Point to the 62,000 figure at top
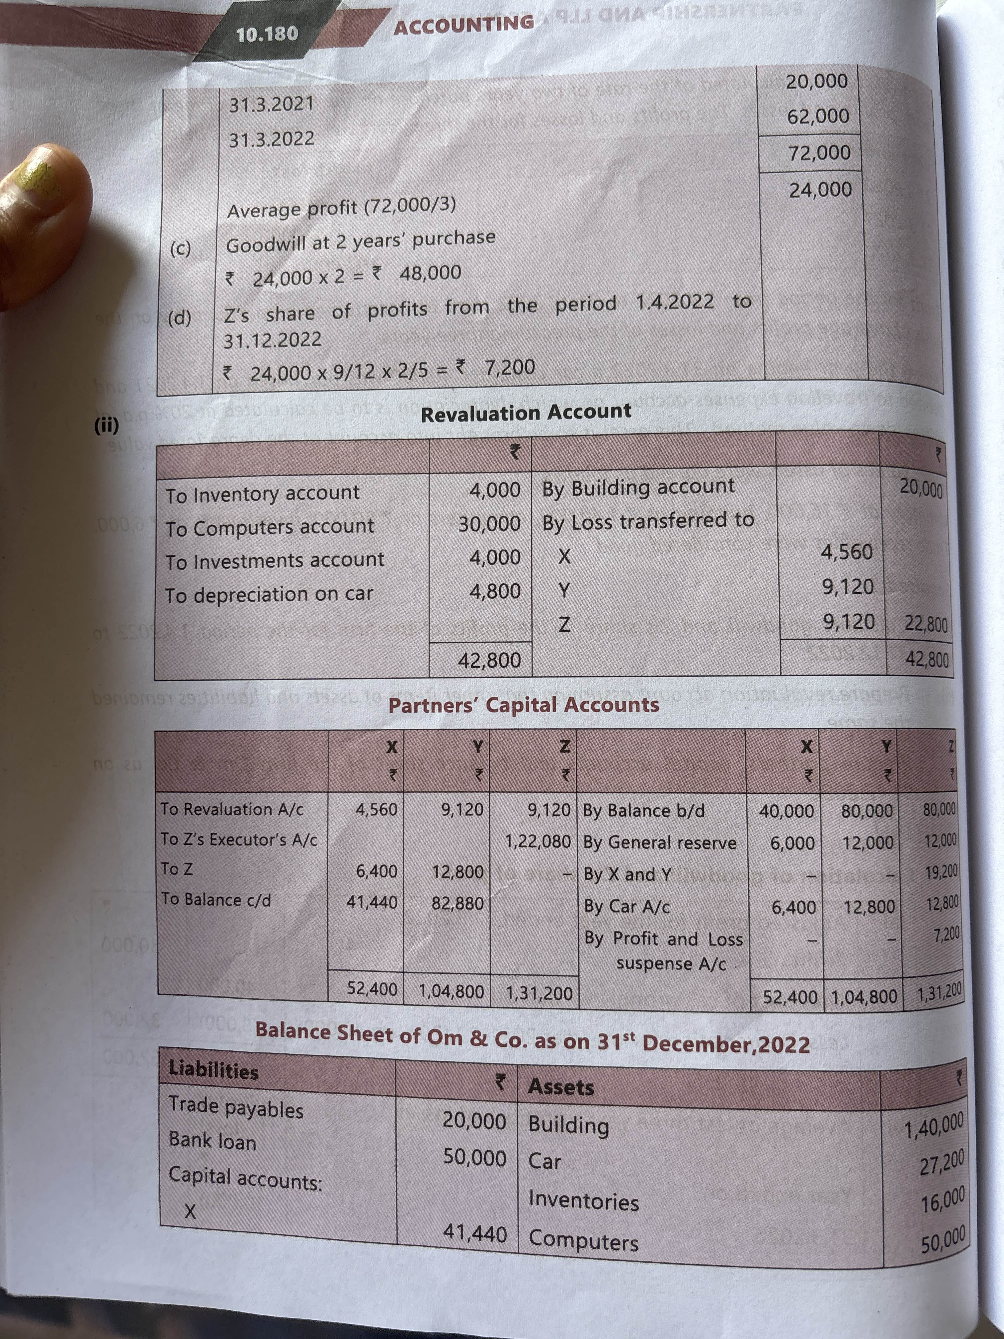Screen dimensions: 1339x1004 818,116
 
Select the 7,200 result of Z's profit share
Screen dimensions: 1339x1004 510,367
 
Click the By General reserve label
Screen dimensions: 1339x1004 660,843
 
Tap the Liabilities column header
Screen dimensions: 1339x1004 213,1070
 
